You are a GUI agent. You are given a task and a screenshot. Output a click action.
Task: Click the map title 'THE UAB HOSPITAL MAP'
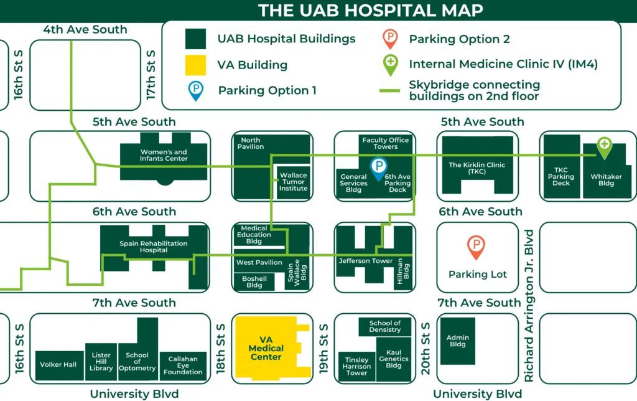pyautogui.click(x=370, y=11)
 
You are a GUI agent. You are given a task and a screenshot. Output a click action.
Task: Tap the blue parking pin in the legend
pyautogui.click(x=196, y=90)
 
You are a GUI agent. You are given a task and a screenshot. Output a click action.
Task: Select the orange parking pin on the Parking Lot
pyautogui.click(x=476, y=247)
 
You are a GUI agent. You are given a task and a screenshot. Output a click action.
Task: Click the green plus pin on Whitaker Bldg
pyautogui.click(x=604, y=147)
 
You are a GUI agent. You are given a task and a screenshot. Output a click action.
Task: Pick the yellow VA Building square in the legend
pyautogui.click(x=195, y=65)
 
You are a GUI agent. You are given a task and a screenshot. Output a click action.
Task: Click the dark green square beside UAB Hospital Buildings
pyautogui.click(x=195, y=39)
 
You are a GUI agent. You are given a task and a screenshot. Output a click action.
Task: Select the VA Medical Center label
pyautogui.click(x=266, y=348)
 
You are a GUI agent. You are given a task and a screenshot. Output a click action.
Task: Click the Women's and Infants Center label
pyautogui.click(x=164, y=155)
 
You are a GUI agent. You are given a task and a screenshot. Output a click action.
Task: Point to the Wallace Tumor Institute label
pyautogui.click(x=293, y=182)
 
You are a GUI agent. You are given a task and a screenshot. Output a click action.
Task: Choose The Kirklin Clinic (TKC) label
pyautogui.click(x=477, y=169)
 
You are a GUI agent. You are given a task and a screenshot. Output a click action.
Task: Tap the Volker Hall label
pyautogui.click(x=58, y=364)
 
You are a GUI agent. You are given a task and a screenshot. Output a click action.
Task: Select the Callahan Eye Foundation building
pyautogui.click(x=183, y=366)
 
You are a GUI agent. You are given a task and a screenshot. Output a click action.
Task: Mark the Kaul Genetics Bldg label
pyautogui.click(x=393, y=359)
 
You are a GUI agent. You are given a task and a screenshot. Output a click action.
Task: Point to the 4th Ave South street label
pyautogui.click(x=85, y=29)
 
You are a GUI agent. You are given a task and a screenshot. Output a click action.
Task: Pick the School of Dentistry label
pyautogui.click(x=385, y=326)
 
